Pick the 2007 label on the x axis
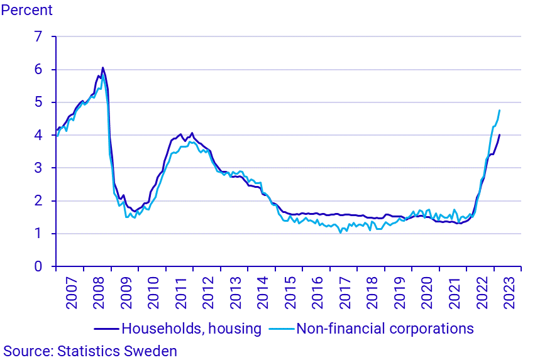pos(70,292)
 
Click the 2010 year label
pos(152,292)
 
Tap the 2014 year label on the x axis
pos(262,292)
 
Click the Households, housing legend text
pos(191,328)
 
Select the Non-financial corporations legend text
pos(385,328)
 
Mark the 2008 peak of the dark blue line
pos(102,68)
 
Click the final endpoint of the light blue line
pos(499,111)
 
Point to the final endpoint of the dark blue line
pos(499,135)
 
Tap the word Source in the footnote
pos(25,351)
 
